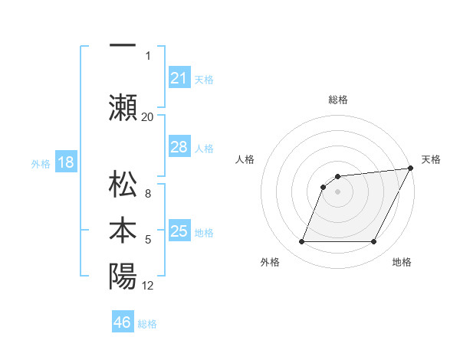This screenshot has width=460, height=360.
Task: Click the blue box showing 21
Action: tap(179, 77)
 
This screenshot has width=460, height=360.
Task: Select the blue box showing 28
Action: tap(179, 147)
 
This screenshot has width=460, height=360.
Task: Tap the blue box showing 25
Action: tap(179, 231)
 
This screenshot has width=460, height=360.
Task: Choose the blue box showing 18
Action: tap(65, 162)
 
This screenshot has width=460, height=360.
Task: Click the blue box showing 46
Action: tap(123, 322)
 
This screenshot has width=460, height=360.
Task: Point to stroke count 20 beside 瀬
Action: tap(147, 117)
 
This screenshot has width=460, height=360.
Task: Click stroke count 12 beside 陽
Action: tap(148, 286)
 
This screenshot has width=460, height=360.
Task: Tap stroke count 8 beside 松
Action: tap(148, 195)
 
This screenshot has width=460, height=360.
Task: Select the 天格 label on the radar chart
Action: tap(431, 159)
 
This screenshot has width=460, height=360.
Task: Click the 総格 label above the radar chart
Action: tap(337, 100)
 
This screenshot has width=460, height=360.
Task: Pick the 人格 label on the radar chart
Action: tap(245, 159)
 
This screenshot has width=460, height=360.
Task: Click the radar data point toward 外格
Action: tap(301, 242)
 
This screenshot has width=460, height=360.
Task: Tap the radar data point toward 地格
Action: tap(373, 242)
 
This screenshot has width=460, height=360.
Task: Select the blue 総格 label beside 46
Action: tap(147, 324)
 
